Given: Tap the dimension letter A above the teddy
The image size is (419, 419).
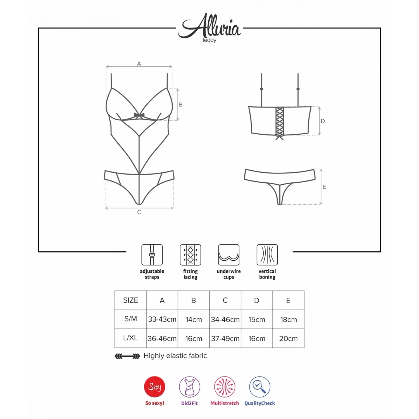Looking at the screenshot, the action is click(x=139, y=64).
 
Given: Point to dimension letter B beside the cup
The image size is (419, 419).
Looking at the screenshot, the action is click(x=181, y=104).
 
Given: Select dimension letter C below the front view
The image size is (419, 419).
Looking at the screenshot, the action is click(x=139, y=212).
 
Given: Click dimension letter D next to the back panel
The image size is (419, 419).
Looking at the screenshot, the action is click(x=323, y=121).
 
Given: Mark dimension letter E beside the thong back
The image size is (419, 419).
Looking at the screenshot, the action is click(x=324, y=187).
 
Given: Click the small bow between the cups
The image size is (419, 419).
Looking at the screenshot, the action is click(x=139, y=115).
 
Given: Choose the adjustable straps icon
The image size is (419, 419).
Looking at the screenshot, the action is click(x=152, y=255).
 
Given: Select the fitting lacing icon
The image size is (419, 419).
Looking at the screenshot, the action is click(x=191, y=255).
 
